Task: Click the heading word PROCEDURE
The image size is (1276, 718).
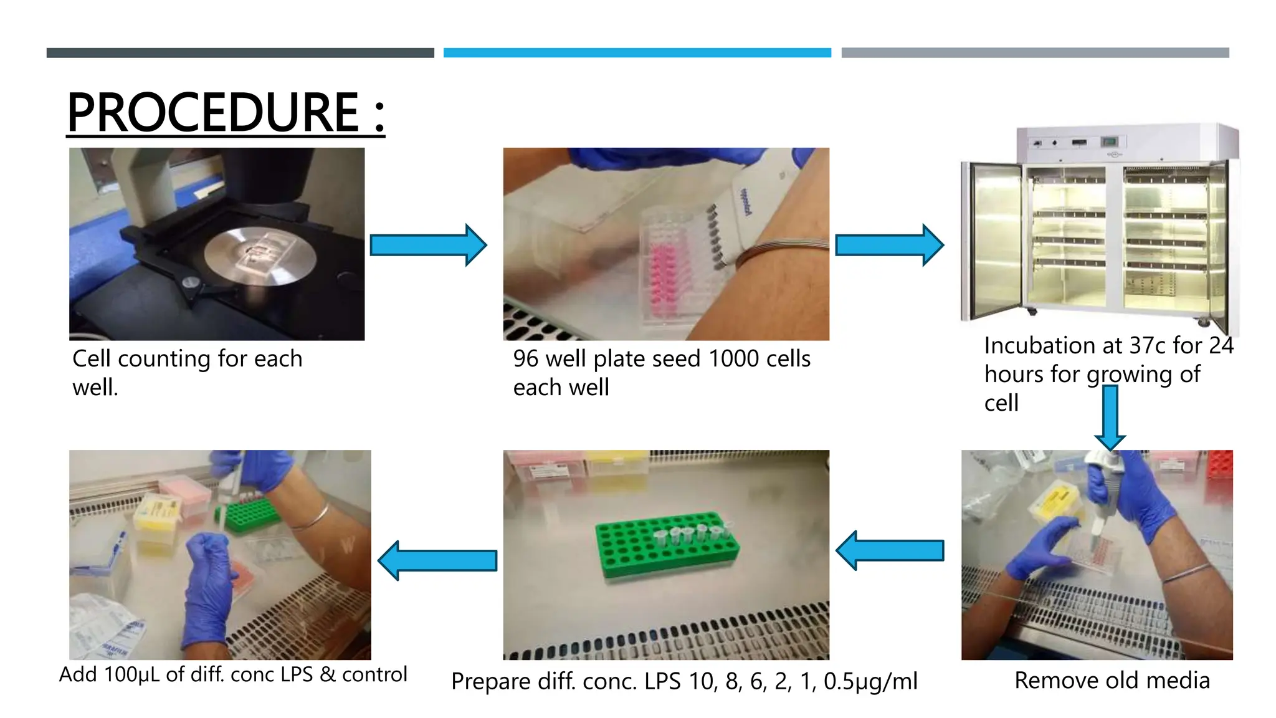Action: [x=212, y=112]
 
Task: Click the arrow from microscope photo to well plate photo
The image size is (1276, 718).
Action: [x=428, y=245]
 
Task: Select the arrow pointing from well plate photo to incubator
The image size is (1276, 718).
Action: [x=889, y=245]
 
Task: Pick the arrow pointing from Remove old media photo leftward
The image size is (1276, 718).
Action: [x=890, y=550]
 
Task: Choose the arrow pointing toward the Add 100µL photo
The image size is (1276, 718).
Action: [x=438, y=560]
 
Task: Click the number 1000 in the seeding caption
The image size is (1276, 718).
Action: [x=733, y=359]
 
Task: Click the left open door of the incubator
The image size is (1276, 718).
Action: [x=993, y=240]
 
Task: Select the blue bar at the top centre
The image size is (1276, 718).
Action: [x=637, y=53]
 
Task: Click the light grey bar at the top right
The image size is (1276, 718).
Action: [x=1035, y=53]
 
